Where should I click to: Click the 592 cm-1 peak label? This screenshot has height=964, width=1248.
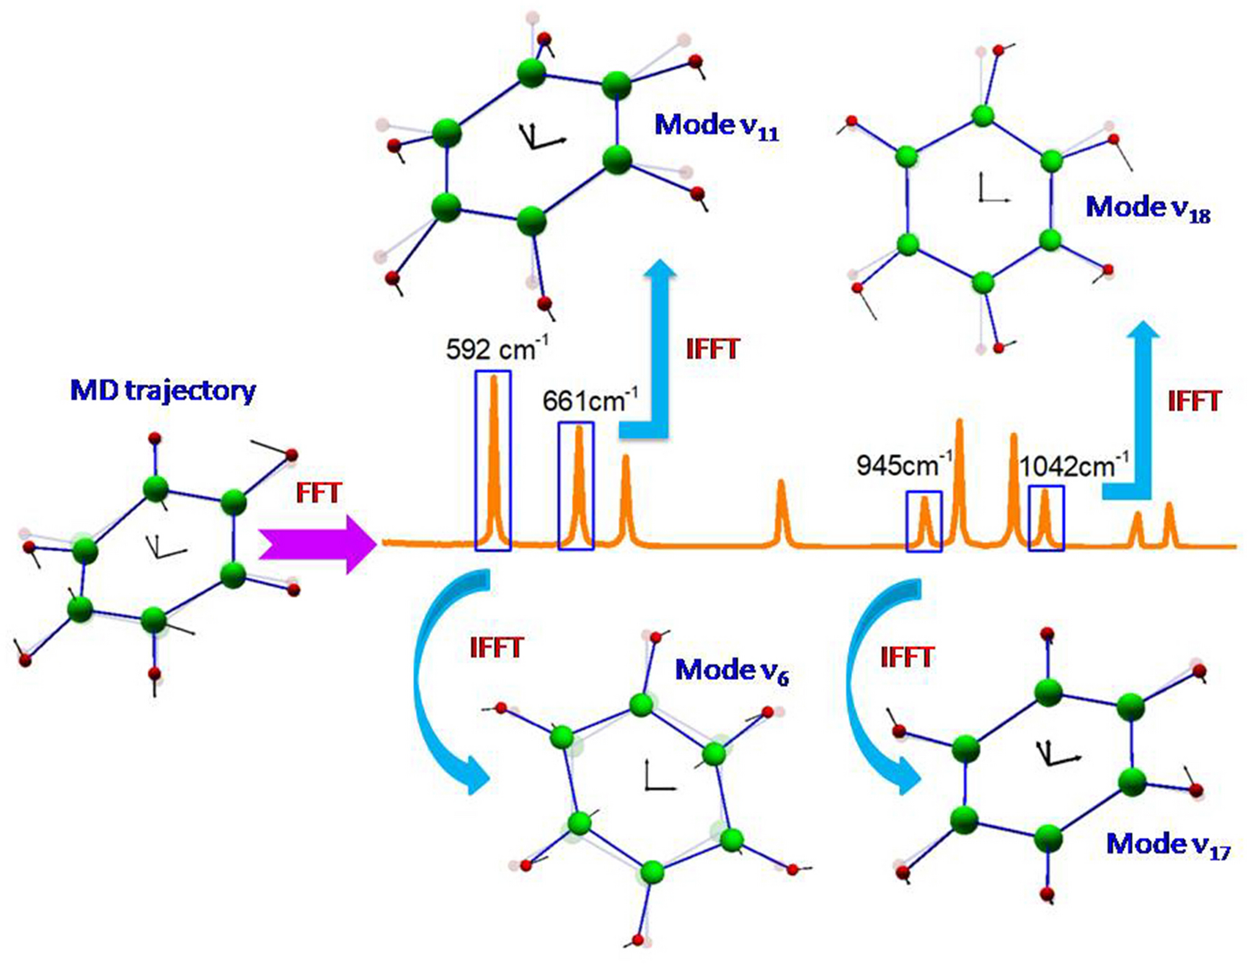[x=497, y=349]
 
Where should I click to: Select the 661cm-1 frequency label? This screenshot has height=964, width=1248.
[x=590, y=401]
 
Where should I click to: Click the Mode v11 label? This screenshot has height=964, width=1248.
[x=717, y=127]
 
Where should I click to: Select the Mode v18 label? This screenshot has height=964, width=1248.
[x=1148, y=208]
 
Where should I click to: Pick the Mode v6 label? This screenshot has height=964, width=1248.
[x=732, y=671]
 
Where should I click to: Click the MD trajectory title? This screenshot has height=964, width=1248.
[x=163, y=391]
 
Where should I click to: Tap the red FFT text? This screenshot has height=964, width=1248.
[x=319, y=493]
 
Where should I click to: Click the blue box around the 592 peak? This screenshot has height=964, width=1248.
[x=493, y=460]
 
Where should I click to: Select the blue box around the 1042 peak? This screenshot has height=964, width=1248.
[x=1046, y=518]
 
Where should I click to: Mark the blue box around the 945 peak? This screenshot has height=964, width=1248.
[x=924, y=521]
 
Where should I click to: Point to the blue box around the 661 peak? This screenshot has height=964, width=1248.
[x=576, y=486]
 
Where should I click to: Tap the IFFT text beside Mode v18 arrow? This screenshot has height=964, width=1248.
[x=1194, y=401]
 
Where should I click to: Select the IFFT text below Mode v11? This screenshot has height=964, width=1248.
[x=713, y=349]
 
